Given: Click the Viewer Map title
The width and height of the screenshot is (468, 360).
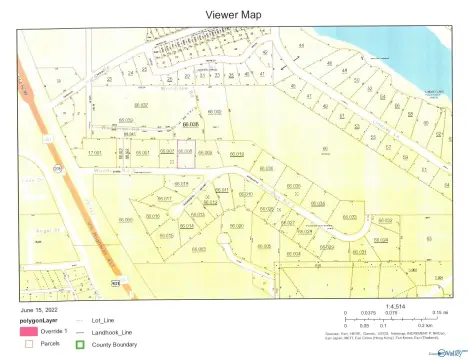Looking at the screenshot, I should tap(233, 15).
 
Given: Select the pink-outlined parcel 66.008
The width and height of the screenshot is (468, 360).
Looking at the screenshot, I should tap(185, 152).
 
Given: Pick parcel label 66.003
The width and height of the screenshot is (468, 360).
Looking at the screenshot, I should tap(198, 249).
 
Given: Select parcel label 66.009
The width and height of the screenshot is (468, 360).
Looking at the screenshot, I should tap(205, 152).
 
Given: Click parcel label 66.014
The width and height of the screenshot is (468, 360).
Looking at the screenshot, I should tap(186, 226).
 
